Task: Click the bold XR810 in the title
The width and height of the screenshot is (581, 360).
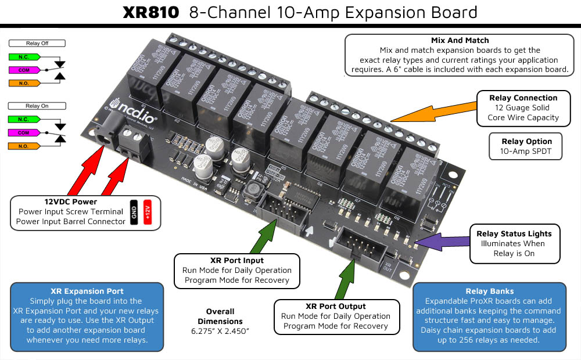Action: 150,12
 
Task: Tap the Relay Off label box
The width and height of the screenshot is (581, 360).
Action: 37,43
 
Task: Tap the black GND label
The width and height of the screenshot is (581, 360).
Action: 133,214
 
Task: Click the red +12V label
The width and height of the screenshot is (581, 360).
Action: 148,214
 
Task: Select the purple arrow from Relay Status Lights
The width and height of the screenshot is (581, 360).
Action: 439,240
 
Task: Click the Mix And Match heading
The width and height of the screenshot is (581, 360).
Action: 460,41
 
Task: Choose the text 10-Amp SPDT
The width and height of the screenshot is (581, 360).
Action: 527,151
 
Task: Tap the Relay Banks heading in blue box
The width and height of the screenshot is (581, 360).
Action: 489,291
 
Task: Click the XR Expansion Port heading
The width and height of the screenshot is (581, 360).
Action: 87,291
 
